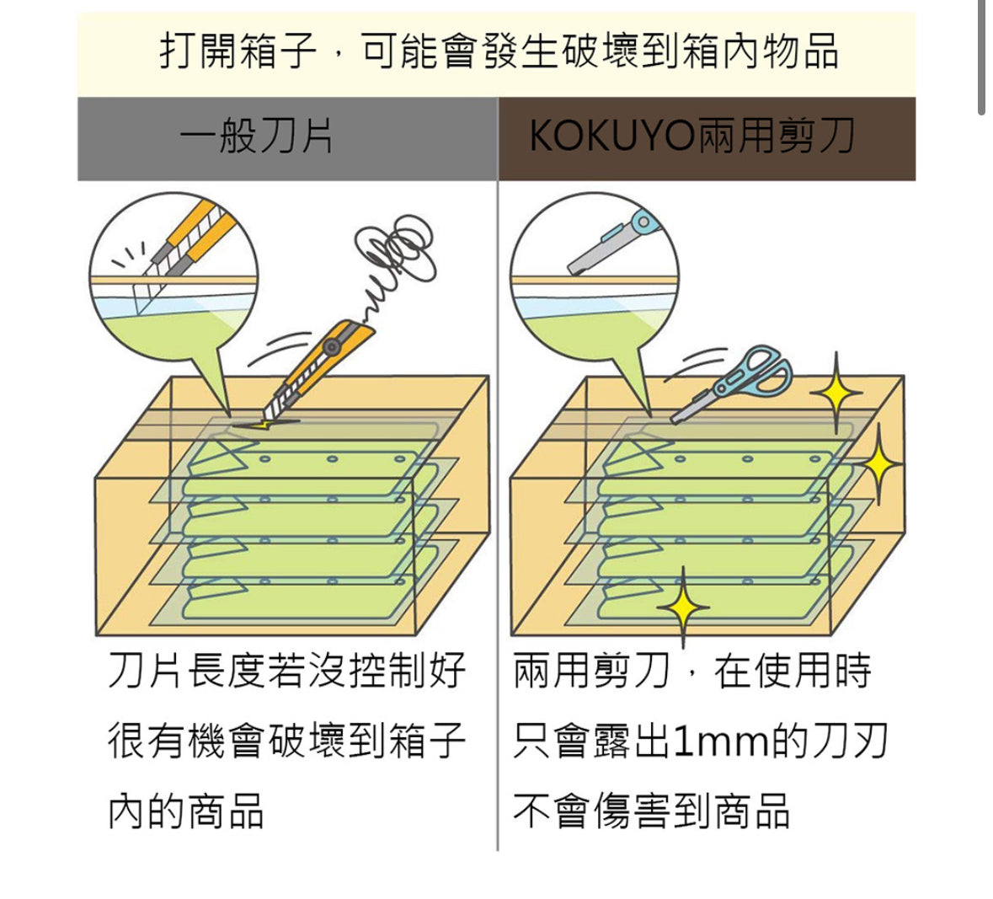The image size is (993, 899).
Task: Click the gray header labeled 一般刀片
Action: point(257,137)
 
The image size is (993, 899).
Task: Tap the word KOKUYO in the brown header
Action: point(611,136)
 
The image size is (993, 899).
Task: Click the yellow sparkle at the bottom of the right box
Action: point(683,606)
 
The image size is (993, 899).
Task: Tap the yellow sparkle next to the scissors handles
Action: point(836,392)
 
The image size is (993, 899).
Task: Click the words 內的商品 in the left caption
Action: point(186,811)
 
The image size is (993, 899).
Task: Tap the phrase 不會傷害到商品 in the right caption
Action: point(651,811)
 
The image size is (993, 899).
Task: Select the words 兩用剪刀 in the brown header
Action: point(776,136)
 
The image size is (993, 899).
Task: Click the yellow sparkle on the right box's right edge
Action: point(878,464)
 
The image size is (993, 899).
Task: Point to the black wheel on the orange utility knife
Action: point(334,346)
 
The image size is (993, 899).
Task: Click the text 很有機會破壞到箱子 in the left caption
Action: point(287,741)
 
